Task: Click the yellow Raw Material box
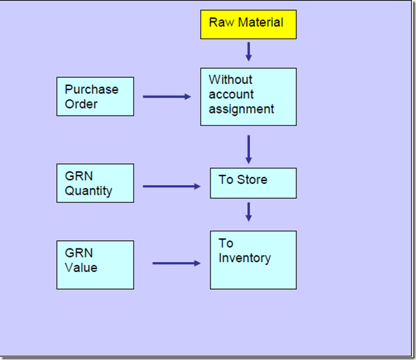(248, 25)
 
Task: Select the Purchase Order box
(96, 96)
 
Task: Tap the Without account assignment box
(248, 96)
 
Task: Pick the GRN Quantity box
(96, 183)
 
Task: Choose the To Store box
(253, 183)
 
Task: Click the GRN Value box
(96, 265)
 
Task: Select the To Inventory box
(253, 260)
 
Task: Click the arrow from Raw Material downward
(249, 52)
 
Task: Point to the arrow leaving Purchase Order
(167, 96)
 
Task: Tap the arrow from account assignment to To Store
(249, 149)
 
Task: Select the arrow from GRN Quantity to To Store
(172, 187)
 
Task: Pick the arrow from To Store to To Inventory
(249, 212)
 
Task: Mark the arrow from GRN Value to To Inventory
(177, 264)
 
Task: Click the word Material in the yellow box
(261, 22)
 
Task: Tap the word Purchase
(91, 89)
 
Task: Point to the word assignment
(241, 109)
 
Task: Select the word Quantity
(88, 191)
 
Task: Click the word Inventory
(245, 258)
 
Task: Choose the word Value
(81, 268)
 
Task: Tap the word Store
(252, 180)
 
